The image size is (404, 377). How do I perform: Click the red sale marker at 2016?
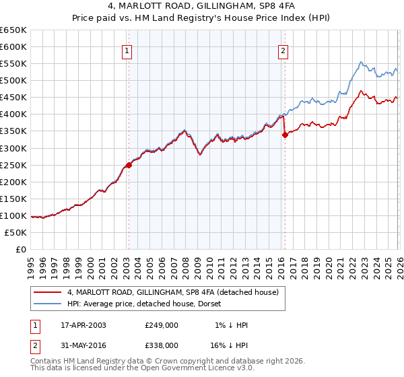(285, 135)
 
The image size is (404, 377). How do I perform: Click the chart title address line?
(201, 7)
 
